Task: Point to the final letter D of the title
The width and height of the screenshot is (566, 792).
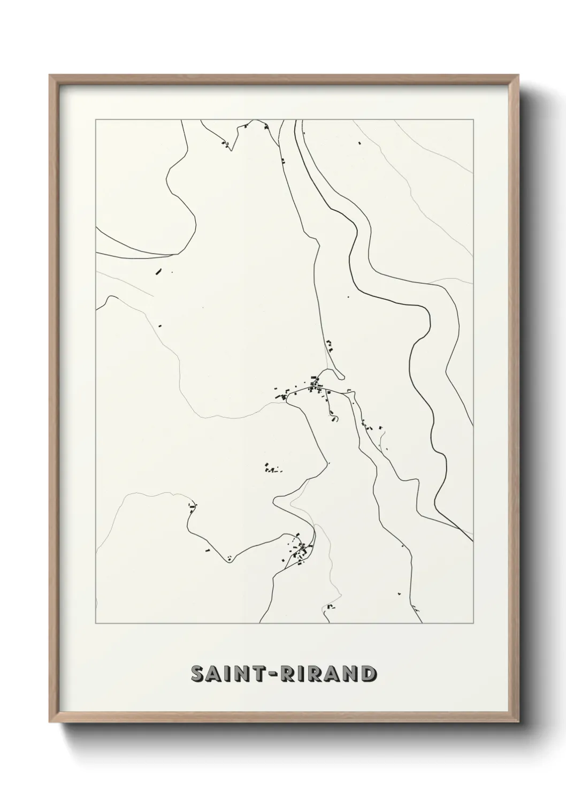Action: (x=367, y=674)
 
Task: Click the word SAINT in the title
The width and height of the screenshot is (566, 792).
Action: (x=233, y=674)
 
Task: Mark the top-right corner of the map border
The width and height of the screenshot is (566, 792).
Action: (x=472, y=120)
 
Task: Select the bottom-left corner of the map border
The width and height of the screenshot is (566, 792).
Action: (x=96, y=623)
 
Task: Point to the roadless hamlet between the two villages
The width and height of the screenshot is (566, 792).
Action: (x=272, y=469)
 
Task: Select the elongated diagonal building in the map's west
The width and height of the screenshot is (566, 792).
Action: (x=158, y=271)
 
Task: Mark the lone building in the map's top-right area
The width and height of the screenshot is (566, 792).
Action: (x=359, y=143)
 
